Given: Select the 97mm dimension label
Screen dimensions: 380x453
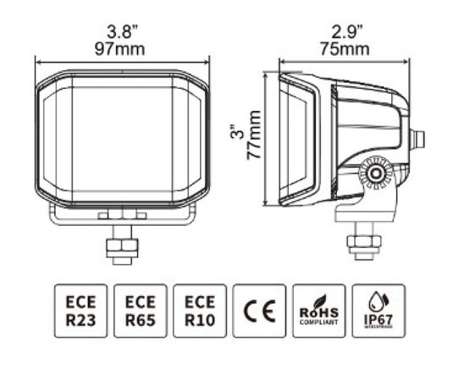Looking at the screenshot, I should point(120,48).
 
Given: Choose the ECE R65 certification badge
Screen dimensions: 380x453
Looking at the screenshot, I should point(141,311).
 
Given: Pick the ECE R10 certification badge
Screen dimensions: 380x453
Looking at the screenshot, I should point(200,311).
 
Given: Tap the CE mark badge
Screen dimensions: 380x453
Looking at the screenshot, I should point(259,311).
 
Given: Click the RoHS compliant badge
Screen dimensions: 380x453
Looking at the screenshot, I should point(318,311).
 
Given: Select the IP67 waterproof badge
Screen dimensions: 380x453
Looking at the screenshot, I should point(378,311).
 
